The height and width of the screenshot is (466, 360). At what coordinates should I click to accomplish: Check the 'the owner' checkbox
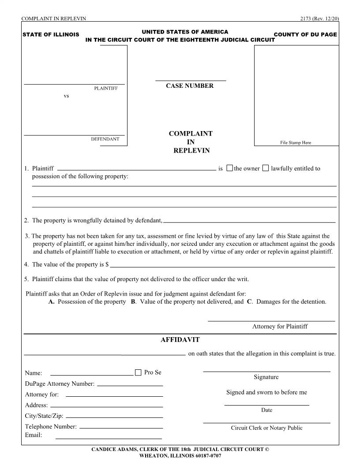[229, 168]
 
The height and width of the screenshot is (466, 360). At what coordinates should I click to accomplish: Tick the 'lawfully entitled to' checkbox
[265, 168]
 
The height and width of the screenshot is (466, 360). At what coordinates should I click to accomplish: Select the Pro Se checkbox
[138, 372]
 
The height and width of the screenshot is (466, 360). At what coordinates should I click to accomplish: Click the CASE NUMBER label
[190, 86]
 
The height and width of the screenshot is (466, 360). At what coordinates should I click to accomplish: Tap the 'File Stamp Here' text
[296, 143]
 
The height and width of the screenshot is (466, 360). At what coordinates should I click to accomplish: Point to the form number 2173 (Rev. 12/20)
[319, 18]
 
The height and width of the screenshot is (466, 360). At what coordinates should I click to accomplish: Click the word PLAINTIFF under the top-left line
[106, 88]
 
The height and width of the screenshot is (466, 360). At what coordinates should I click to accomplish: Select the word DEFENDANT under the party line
[105, 139]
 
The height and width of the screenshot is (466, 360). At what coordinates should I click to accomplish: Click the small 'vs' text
[66, 96]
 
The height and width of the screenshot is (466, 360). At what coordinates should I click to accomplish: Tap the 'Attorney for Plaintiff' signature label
[280, 327]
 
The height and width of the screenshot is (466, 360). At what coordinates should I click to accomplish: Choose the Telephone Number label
[51, 427]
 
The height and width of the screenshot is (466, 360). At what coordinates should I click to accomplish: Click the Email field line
[109, 439]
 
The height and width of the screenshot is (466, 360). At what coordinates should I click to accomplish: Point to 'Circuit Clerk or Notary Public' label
[266, 428]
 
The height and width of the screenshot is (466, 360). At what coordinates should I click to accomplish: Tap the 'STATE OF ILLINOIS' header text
[51, 34]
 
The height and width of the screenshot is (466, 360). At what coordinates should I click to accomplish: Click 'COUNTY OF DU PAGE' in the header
[305, 34]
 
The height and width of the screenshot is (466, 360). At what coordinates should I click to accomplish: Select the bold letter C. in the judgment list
[249, 302]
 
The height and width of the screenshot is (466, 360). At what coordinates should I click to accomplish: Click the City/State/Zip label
[44, 416]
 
